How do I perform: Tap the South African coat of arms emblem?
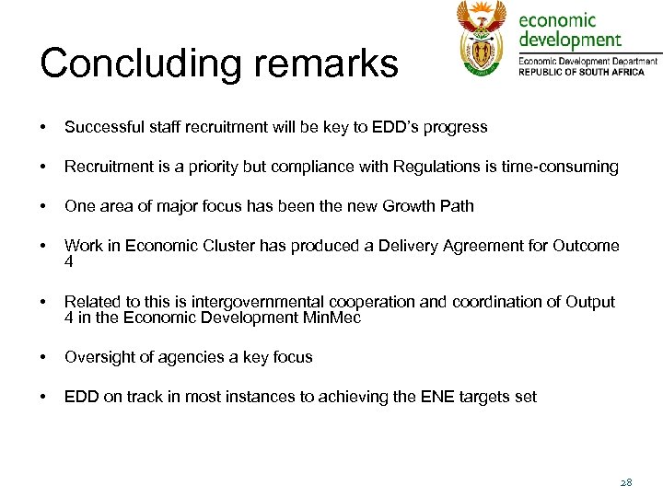482,39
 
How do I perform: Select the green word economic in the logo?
558,20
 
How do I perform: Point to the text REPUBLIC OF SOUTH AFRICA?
588,72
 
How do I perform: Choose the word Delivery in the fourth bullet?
413,246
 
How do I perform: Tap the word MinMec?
332,318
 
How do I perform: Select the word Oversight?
99,357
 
